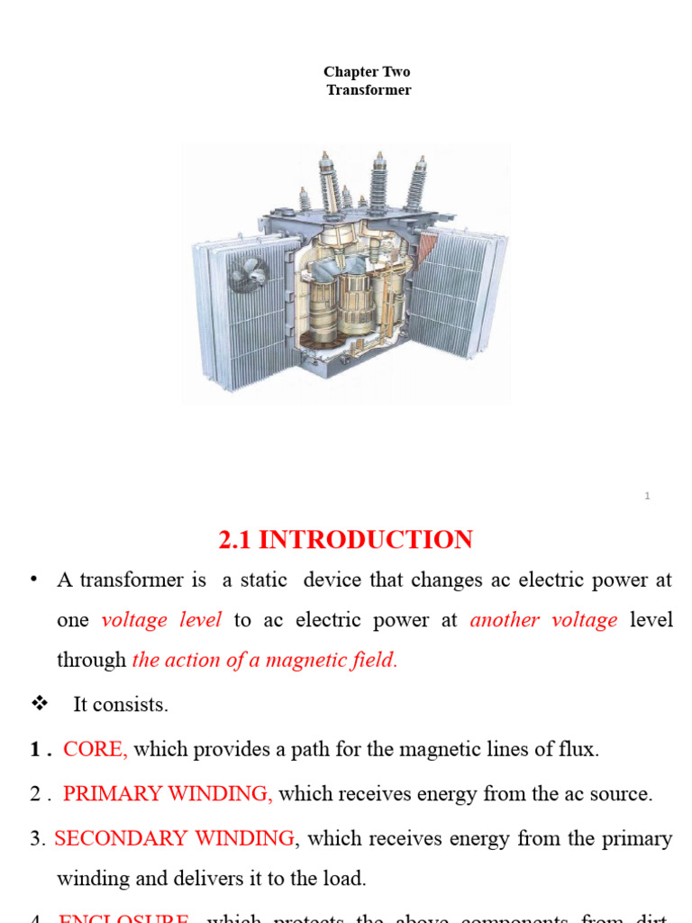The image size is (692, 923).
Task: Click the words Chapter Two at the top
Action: [367, 72]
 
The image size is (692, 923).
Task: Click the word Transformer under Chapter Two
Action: [369, 90]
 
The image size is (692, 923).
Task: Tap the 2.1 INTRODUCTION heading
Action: [345, 540]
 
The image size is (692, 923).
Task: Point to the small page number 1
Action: [647, 496]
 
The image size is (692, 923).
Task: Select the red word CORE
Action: [96, 749]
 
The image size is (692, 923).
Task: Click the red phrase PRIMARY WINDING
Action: [168, 794]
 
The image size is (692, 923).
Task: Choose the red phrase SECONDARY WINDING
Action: [174, 839]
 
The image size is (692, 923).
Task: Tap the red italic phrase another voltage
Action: [543, 620]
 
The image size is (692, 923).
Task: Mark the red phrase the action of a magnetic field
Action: [264, 660]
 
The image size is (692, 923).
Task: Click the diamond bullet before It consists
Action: [38, 704]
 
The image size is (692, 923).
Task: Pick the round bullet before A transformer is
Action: [34, 579]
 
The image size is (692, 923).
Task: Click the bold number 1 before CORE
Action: [35, 749]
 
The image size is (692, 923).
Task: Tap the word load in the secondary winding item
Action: [346, 878]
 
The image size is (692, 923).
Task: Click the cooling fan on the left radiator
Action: [244, 270]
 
